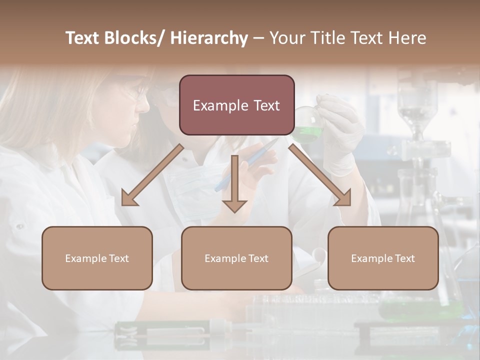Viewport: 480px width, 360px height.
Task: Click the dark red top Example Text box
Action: tap(236, 105)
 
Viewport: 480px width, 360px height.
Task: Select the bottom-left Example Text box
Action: tap(97, 258)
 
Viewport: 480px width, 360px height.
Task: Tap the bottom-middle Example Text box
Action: tap(236, 258)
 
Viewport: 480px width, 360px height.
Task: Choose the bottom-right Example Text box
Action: tap(383, 258)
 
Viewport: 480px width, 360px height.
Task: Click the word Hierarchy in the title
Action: tap(209, 38)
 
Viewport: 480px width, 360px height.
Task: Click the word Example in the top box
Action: tap(220, 105)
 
